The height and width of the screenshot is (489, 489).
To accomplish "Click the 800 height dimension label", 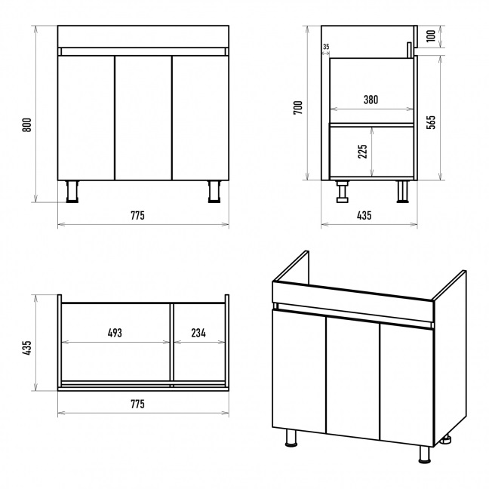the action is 27,125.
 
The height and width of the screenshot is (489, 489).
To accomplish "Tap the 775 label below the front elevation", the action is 137,216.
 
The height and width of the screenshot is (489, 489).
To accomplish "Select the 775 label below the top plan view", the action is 137,404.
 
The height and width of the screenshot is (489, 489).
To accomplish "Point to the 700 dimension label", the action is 298,108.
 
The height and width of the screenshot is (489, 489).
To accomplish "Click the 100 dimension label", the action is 431,36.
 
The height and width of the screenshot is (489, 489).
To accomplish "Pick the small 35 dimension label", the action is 326,47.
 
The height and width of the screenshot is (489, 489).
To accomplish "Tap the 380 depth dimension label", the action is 371,100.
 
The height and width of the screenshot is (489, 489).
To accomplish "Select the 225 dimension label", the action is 362,152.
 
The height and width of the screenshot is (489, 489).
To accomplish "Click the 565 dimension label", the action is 431,122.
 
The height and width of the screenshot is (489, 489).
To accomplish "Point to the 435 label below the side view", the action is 364,216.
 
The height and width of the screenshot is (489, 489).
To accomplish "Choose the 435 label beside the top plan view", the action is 27,347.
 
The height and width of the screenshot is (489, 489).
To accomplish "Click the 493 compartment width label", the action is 115,333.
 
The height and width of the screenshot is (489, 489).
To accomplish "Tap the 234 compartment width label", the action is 198,333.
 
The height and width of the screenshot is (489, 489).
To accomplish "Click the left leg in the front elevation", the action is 72,192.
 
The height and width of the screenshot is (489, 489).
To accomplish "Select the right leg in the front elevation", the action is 214,192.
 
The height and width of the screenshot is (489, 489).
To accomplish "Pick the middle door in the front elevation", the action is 143,118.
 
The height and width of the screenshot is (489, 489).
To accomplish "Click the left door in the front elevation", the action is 86,118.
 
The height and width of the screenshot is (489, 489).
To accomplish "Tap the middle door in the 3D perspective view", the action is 352,378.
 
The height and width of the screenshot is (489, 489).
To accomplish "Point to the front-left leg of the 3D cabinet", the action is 292,438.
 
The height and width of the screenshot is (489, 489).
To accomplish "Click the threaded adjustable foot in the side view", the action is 343,192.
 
